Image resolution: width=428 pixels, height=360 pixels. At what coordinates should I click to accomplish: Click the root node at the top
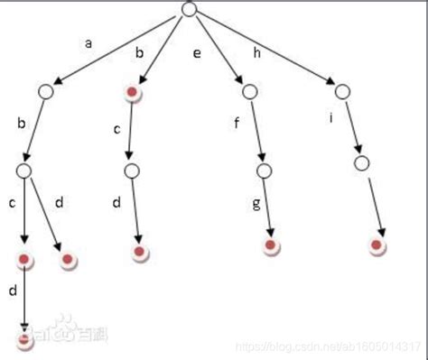[189, 9]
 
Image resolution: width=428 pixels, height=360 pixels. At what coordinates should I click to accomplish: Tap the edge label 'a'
[88, 42]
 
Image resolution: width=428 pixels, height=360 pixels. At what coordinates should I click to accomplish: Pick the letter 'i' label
[330, 116]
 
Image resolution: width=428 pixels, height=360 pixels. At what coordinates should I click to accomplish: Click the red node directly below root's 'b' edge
[134, 92]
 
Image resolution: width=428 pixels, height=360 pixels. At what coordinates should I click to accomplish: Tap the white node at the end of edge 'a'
[46, 91]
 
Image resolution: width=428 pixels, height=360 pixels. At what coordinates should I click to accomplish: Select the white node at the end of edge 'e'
[250, 90]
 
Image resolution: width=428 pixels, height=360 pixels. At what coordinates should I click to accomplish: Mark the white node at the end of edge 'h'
[341, 90]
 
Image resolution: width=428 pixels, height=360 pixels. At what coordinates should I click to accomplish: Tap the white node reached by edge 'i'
[361, 163]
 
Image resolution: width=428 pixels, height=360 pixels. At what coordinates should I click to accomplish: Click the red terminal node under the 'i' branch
[378, 245]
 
